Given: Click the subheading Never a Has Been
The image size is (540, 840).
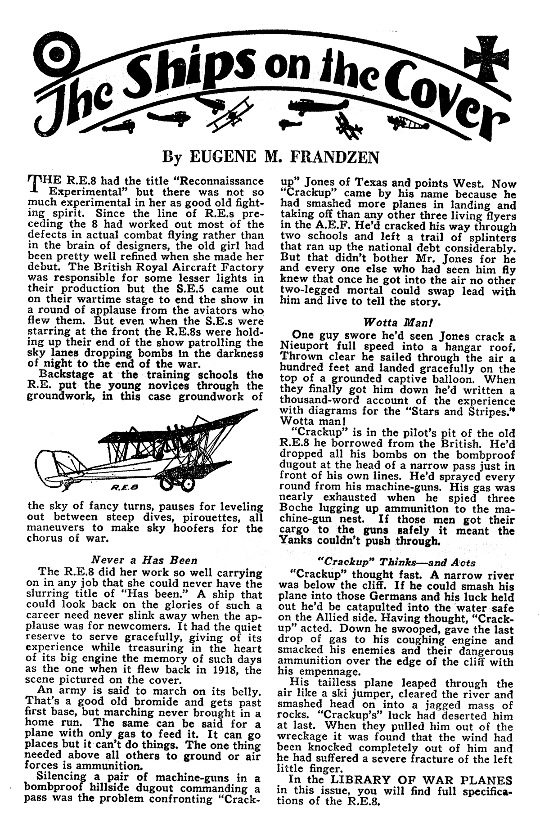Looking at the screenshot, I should tap(144, 561).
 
